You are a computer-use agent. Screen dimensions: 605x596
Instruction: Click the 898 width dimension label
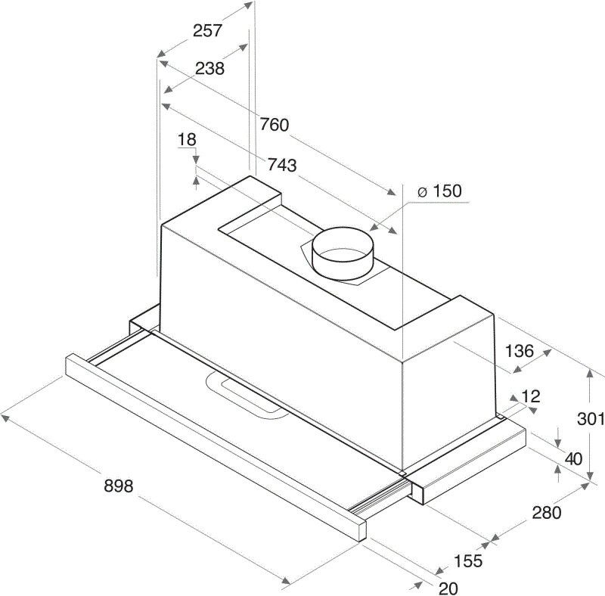click(119, 486)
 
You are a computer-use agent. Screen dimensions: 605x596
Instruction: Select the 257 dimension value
click(207, 30)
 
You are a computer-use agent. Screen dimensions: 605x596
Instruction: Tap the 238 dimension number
click(209, 69)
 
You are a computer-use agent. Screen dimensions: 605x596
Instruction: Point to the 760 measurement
click(274, 125)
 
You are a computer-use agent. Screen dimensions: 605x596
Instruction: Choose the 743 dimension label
click(282, 165)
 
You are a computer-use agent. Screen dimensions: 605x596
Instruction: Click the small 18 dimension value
click(187, 139)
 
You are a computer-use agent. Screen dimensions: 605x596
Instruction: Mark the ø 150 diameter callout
click(439, 191)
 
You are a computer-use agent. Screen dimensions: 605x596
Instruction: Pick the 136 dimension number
click(520, 351)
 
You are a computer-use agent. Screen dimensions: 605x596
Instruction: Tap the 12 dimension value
click(531, 396)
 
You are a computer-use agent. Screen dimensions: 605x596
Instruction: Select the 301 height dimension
click(591, 418)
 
